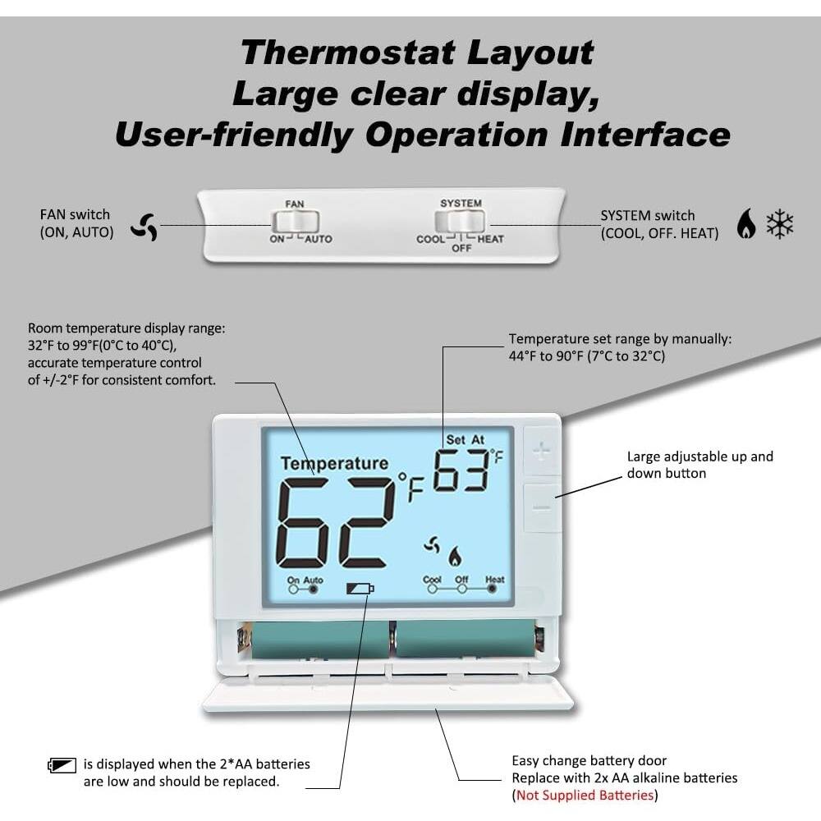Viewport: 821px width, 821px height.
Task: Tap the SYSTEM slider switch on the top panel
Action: pos(461,221)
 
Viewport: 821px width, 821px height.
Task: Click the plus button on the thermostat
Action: pos(542,452)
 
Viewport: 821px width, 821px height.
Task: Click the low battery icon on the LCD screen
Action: pos(360,588)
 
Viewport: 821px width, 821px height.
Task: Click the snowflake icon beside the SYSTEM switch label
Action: pos(779,223)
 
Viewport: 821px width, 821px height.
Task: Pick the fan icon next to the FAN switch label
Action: pos(144,227)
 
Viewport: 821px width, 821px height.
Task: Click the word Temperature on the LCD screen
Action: pos(334,464)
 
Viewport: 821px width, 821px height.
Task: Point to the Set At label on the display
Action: pos(466,440)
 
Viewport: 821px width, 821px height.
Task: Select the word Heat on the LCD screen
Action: pos(495,580)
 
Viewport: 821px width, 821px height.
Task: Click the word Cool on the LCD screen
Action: pos(432,580)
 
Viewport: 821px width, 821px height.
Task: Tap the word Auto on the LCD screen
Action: pos(314,580)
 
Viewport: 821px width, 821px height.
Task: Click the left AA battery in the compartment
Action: pos(320,640)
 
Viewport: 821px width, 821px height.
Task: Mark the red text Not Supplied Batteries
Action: pos(584,796)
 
